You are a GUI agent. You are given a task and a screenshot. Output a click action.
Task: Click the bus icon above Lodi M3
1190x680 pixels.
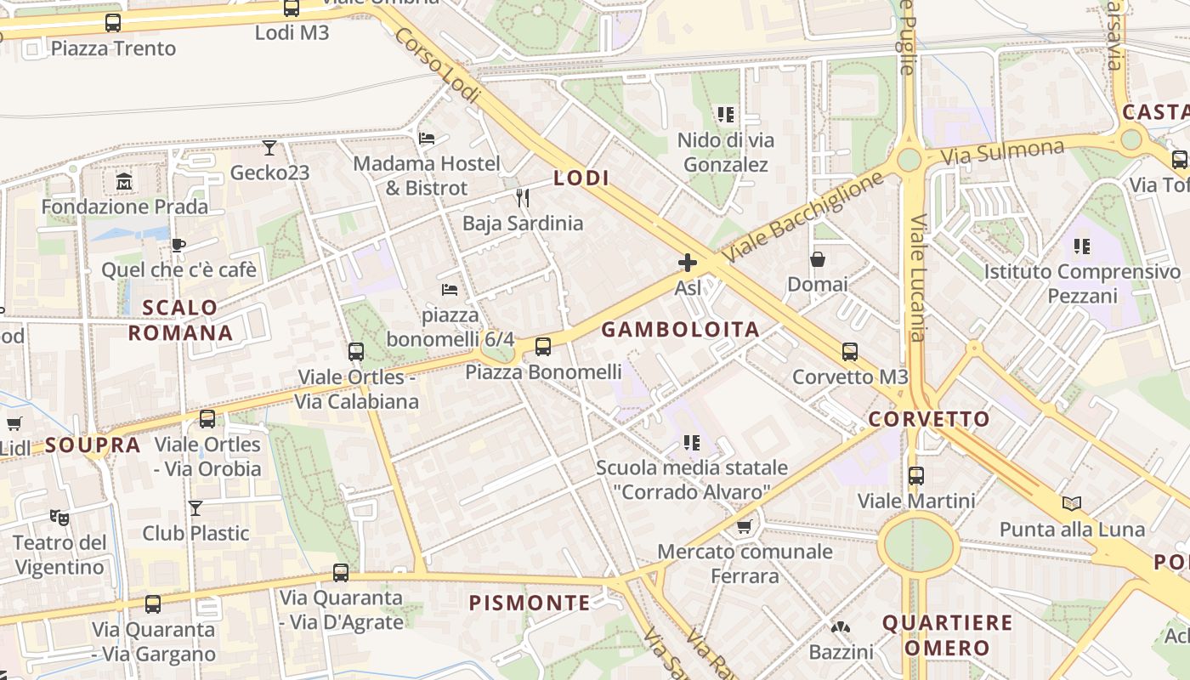coord(292,8)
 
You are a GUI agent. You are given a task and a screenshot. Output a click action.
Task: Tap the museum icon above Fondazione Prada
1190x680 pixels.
coord(124,181)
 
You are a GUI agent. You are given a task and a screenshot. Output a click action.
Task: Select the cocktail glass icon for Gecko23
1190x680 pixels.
coord(269,148)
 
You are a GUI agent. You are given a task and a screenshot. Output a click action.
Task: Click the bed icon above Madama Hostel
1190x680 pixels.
coord(427,138)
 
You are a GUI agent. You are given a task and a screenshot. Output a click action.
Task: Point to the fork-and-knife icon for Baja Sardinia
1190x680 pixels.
coord(523,198)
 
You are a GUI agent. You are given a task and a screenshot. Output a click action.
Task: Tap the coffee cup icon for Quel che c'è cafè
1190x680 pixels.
coord(178,246)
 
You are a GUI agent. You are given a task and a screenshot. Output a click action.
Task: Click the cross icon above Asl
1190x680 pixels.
coord(688,263)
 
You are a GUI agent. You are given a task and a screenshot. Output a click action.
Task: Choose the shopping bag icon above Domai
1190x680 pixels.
coord(818,259)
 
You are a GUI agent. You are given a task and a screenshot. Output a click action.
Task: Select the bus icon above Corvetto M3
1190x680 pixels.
coord(850,351)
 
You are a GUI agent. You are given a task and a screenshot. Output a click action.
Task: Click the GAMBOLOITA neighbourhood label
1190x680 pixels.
coord(680,330)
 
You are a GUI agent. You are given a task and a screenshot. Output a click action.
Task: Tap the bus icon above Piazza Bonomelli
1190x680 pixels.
coord(543,347)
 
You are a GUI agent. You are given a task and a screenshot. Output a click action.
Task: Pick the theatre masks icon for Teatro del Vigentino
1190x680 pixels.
coord(59,517)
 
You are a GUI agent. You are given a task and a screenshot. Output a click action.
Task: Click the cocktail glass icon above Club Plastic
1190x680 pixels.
coord(195,508)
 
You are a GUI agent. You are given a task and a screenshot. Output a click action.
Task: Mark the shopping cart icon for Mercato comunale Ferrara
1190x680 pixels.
coord(745,527)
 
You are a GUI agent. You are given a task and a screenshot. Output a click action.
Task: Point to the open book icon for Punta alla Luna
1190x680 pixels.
coord(1072,504)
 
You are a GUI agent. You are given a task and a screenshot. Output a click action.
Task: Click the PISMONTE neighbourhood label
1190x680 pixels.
coord(530,603)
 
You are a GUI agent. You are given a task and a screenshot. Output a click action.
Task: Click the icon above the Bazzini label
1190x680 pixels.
coord(841,628)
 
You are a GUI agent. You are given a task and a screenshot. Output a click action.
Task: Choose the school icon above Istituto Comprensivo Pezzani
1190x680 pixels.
coord(1082,246)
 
